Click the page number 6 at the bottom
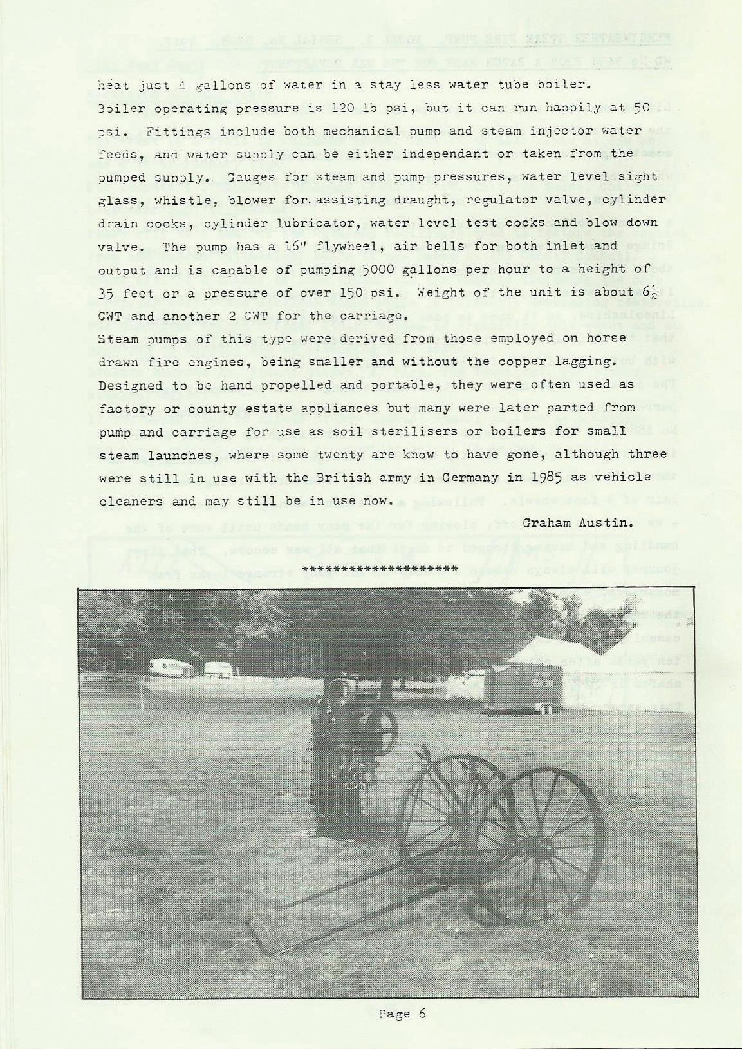click(x=422, y=1014)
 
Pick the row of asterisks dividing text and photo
click(x=380, y=569)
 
